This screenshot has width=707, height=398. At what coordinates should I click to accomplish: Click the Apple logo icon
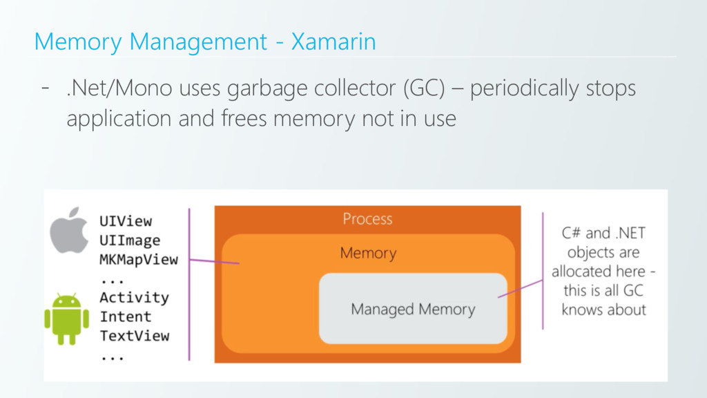click(69, 230)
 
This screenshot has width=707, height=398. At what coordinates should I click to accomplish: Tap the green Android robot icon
click(66, 318)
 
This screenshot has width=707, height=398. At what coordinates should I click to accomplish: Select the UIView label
click(126, 221)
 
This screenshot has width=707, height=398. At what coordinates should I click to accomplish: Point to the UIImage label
click(130, 240)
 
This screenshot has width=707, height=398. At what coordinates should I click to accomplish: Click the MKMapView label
click(139, 260)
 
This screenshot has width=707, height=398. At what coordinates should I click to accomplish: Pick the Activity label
click(134, 297)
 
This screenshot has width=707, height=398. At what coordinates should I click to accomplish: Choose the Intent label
click(125, 316)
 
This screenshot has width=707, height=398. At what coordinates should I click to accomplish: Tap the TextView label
click(134, 336)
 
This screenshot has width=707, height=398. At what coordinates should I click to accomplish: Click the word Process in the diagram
click(367, 219)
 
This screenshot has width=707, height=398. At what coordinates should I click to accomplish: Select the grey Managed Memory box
click(413, 309)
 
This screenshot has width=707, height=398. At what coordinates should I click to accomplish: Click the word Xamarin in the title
click(333, 42)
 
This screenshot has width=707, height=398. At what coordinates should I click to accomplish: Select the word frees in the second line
click(243, 119)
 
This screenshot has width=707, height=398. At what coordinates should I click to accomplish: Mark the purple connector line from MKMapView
click(214, 261)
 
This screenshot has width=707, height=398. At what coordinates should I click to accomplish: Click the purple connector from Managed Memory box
click(520, 289)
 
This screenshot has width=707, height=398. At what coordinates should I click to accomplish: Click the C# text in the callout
click(572, 234)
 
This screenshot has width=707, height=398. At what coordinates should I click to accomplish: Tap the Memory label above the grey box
click(368, 253)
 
